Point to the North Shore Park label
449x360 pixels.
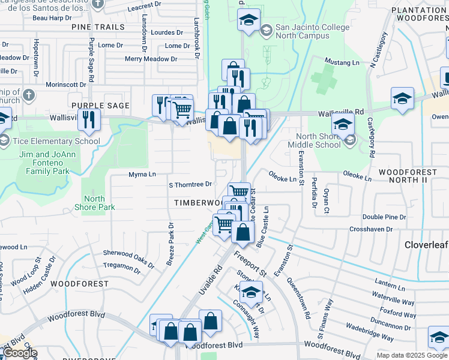point(99,203)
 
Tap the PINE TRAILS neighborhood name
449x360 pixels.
point(98,27)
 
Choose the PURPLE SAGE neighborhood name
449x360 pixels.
point(100,106)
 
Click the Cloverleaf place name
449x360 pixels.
point(426,245)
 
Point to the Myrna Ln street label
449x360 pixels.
point(142,175)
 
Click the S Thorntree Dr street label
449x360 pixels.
point(190,184)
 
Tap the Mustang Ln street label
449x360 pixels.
point(341,62)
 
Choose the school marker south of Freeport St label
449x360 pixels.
point(252,292)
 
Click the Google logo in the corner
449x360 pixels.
point(20,353)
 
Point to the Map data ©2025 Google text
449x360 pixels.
point(412,355)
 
